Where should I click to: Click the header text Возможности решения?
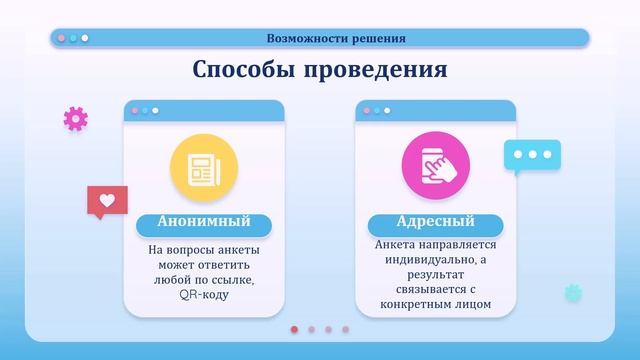point(336,39)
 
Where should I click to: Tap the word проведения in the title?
point(375,70)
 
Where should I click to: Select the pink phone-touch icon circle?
point(435,166)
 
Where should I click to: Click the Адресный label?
point(435,222)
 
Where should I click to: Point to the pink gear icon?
point(76,118)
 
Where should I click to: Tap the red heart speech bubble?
point(107,201)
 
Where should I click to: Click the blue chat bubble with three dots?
point(532,156)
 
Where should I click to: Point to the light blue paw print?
point(573,293)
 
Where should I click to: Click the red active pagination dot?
point(294,328)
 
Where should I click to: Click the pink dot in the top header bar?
point(61,38)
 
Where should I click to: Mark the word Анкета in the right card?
point(398,245)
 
